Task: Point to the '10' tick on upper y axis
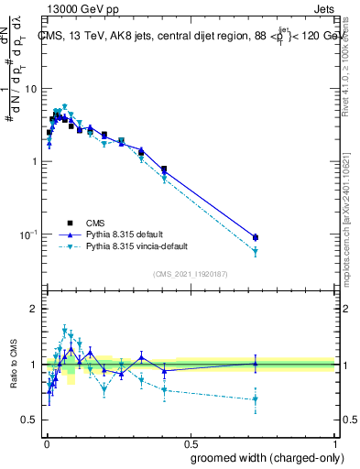pyautogui.click(x=32, y=89)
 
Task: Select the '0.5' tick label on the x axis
pyautogui.click(x=191, y=443)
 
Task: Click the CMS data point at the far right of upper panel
pyautogui.click(x=256, y=237)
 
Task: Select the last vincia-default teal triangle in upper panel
pyautogui.click(x=256, y=251)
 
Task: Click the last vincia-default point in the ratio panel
pyautogui.click(x=256, y=398)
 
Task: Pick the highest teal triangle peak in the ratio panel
pyautogui.click(x=64, y=329)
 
